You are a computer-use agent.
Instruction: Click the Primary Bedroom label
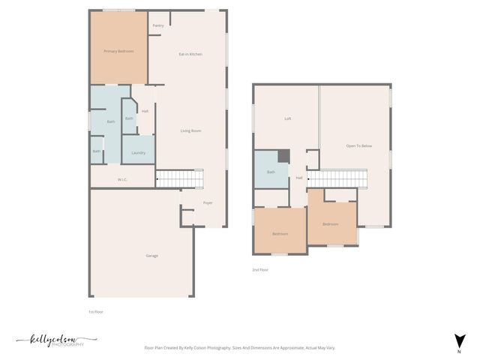pos(118,51)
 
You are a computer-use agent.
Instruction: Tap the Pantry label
pos(158,25)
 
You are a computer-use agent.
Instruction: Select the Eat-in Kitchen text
pos(190,54)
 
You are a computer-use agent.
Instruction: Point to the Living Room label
pos(190,131)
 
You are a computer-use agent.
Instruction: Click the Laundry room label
pos(138,153)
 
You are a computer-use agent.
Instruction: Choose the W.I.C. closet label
pos(123,180)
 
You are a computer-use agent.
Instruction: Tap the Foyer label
pos(208,202)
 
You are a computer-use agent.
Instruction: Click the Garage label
pos(152,256)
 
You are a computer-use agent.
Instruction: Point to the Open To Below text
pos(358,145)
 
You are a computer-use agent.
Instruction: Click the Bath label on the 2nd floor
pos(271,172)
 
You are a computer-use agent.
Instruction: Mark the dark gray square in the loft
pos(283,155)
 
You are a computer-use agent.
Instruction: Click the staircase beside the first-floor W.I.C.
pos(175,178)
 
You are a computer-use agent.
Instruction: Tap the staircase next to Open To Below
pos(338,178)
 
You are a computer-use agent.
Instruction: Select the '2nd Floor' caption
pos(260,269)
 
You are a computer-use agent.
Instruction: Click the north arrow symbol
pos(459,340)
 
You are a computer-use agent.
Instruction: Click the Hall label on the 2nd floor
pos(298,178)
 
